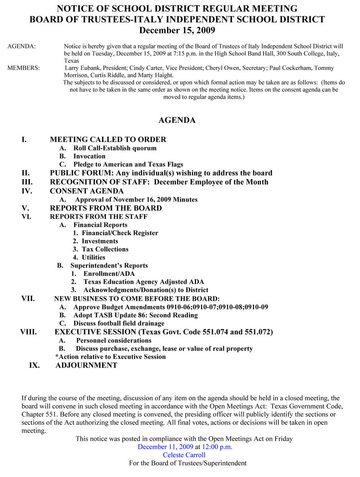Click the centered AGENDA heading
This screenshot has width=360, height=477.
click(177, 120)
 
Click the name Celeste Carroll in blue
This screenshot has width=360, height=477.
click(184, 455)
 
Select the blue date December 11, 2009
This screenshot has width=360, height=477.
click(165, 447)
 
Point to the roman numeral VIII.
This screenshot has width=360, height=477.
click(29, 332)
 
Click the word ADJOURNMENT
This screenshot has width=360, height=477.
click(86, 365)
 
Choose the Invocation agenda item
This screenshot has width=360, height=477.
click(89, 156)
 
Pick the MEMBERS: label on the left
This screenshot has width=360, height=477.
click(23, 68)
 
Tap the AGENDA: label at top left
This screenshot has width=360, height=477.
click(21, 47)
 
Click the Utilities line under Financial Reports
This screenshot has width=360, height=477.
click(93, 257)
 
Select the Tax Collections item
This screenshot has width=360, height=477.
click(105, 249)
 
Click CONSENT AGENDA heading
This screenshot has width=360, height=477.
click(87, 191)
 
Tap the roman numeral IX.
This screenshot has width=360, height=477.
click(34, 365)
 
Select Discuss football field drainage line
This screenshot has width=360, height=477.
click(119, 323)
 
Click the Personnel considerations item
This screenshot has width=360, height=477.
click(113, 340)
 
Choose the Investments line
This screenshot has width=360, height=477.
click(100, 241)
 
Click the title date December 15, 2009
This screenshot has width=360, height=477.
click(177, 30)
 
